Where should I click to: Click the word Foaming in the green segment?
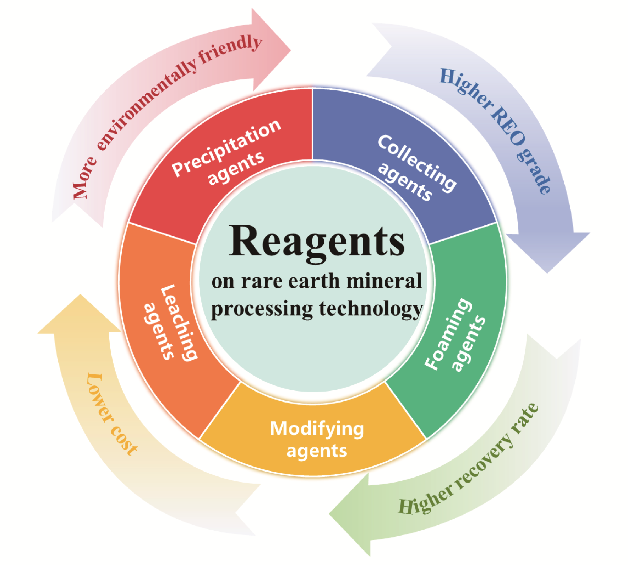point(447,333)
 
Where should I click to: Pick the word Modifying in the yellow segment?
point(317,429)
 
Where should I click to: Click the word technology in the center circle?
point(371,309)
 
